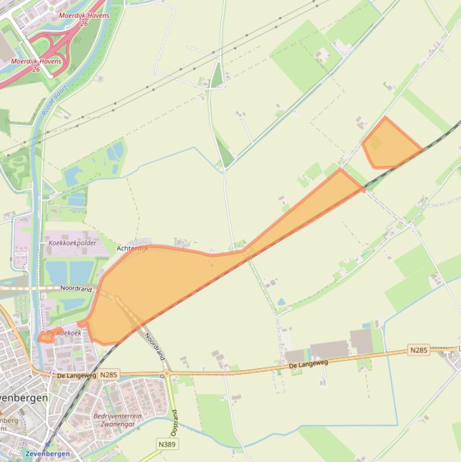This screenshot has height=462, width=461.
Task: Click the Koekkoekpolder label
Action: (73, 243)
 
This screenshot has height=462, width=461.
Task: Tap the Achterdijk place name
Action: (132, 248)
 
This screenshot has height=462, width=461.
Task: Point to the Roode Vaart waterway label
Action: (55, 100)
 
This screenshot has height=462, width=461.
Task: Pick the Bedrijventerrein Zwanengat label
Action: (117, 419)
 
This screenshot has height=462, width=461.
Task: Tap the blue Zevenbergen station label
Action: (47, 454)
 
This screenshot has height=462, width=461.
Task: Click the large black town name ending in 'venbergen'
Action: (24, 397)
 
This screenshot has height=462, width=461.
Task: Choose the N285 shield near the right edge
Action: (419, 349)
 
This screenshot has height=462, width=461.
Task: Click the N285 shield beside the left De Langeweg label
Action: (109, 375)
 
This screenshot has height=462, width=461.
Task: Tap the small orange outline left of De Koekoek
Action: (45, 337)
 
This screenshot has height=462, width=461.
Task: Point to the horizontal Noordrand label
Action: (76, 289)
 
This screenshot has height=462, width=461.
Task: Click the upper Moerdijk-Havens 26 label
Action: (85, 20)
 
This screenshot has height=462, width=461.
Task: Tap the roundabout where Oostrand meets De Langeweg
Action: (167, 373)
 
